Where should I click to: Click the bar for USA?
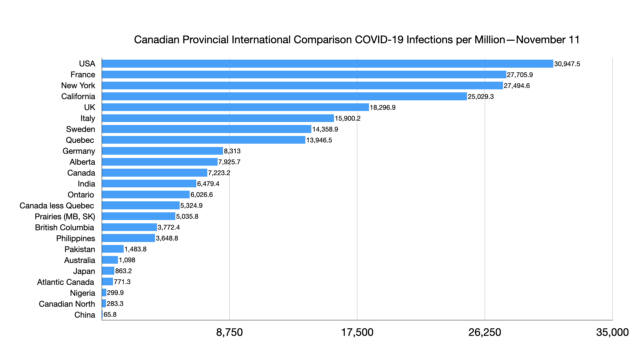(x=327, y=64)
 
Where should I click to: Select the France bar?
(x=304, y=75)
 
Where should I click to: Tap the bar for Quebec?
(x=203, y=140)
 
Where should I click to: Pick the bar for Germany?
(x=162, y=151)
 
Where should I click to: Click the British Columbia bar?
(x=129, y=227)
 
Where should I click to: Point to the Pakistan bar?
(x=113, y=249)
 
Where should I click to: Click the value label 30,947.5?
(x=567, y=64)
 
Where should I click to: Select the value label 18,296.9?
(x=383, y=108)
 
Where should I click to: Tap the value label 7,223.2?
(x=219, y=173)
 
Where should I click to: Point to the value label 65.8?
(x=110, y=315)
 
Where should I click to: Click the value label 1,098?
(x=127, y=260)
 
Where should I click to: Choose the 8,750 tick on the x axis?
(x=229, y=332)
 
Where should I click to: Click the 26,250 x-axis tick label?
(x=485, y=332)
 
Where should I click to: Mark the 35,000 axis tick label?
(x=612, y=332)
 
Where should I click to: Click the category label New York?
(x=78, y=86)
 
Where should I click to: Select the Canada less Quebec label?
(x=57, y=206)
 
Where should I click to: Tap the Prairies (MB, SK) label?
(x=65, y=217)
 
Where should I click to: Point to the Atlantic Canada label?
(x=65, y=282)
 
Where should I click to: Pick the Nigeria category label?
(x=82, y=293)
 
